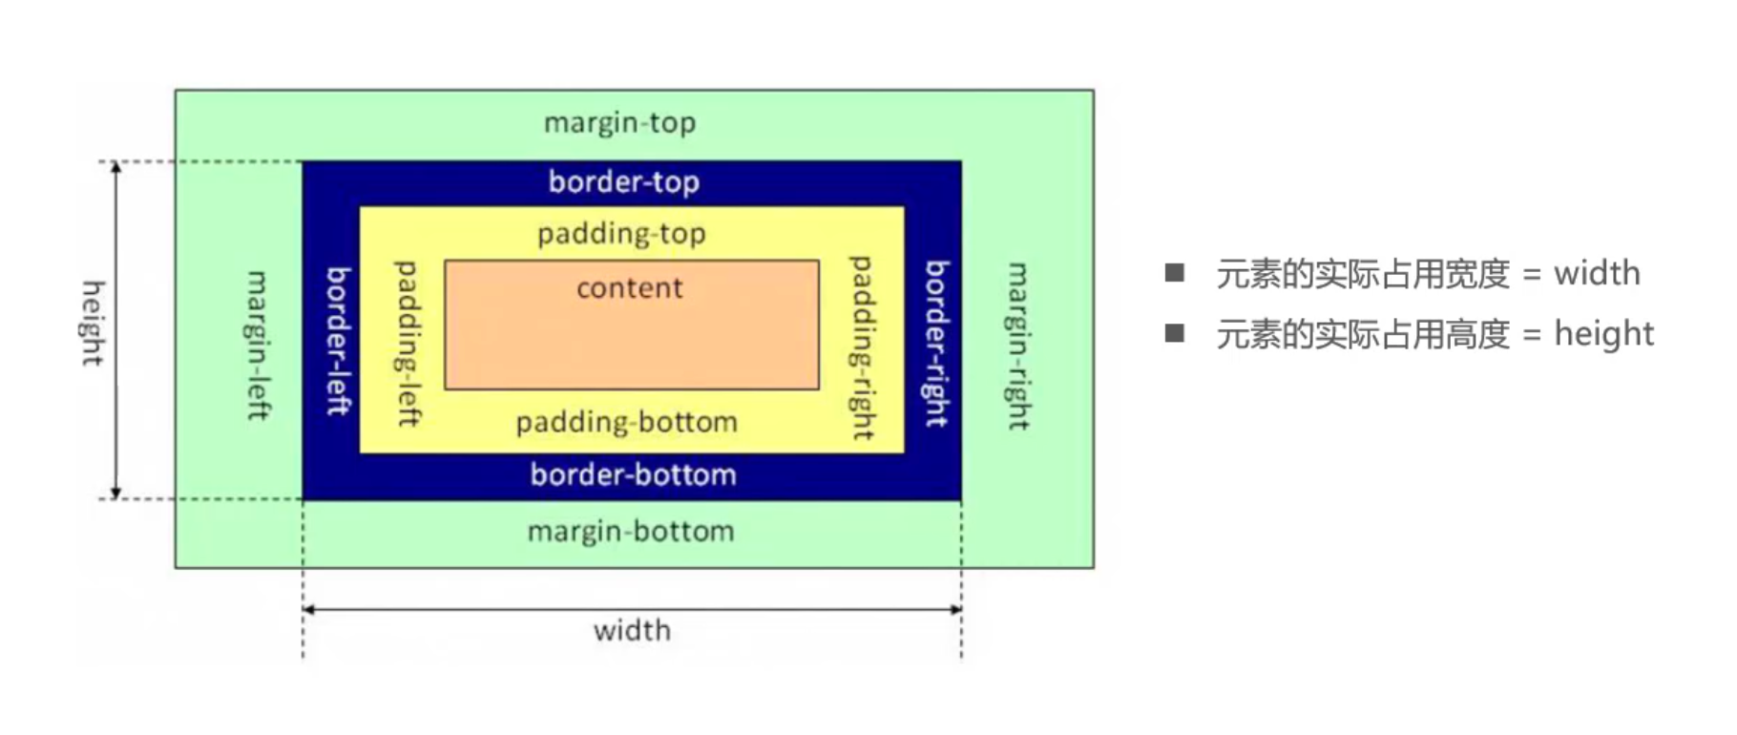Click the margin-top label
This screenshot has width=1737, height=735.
coord(619,123)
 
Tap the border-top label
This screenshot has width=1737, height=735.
coord(623,181)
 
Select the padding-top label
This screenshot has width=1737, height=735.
coord(621,234)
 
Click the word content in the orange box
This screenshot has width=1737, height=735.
coord(630,287)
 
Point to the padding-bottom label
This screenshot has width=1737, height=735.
coord(626,422)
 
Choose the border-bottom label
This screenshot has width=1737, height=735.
coord(633,474)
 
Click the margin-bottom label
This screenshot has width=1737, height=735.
coord(631,531)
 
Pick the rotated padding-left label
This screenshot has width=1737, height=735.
coord(408,343)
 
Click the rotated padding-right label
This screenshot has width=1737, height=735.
coord(862,347)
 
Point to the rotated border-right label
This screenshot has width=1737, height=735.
coord(937,343)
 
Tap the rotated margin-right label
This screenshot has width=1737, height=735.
coord(1018,346)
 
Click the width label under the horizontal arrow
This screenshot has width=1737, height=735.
coord(632,630)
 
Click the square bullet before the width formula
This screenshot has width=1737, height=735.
coord(1174,274)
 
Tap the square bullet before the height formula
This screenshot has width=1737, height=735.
coord(1174,333)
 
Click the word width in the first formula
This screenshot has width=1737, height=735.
coord(1597,274)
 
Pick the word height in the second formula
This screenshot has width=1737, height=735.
coord(1603,334)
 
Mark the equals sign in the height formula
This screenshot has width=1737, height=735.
coord(1532,335)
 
